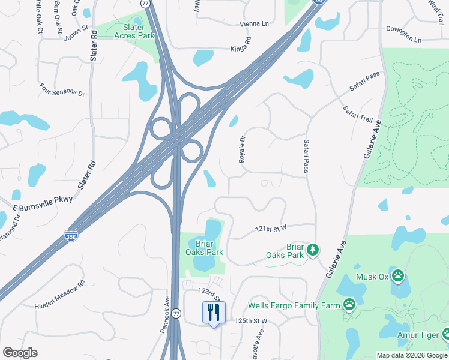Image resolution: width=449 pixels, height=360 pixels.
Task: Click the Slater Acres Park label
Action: (134, 31)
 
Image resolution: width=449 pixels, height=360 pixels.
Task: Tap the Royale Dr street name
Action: (243, 149)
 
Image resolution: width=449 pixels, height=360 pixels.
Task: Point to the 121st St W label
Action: (271, 229)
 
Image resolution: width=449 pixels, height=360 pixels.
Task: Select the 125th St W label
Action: (251, 321)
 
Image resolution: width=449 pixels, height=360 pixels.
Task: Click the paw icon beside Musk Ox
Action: (398, 276)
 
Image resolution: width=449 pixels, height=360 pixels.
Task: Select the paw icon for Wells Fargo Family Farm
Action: (349, 305)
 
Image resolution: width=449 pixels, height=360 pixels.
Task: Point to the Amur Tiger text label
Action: (418, 335)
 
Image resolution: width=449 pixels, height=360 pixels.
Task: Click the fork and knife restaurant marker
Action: (213, 313)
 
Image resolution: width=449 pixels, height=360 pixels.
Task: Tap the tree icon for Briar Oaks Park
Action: (312, 249)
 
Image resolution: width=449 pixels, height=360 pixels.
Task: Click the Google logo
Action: (20, 353)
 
